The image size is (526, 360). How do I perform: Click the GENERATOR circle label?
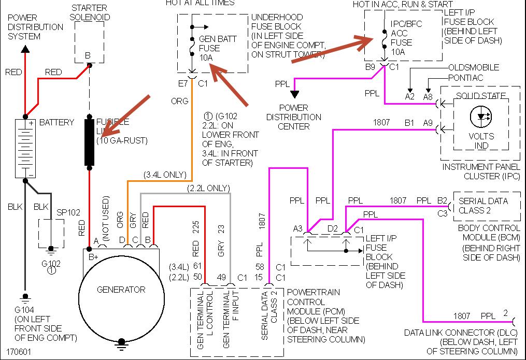[121, 290]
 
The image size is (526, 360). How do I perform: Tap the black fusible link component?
[90, 142]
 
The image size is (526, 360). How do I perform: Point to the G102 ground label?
[51, 264]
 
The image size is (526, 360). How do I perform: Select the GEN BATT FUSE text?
[209, 48]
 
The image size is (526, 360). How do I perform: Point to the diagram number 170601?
[19, 351]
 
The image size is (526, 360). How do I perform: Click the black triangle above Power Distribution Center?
[294, 94]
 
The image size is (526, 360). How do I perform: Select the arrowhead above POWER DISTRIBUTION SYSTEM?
[25, 50]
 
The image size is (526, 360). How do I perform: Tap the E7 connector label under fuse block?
[182, 82]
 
